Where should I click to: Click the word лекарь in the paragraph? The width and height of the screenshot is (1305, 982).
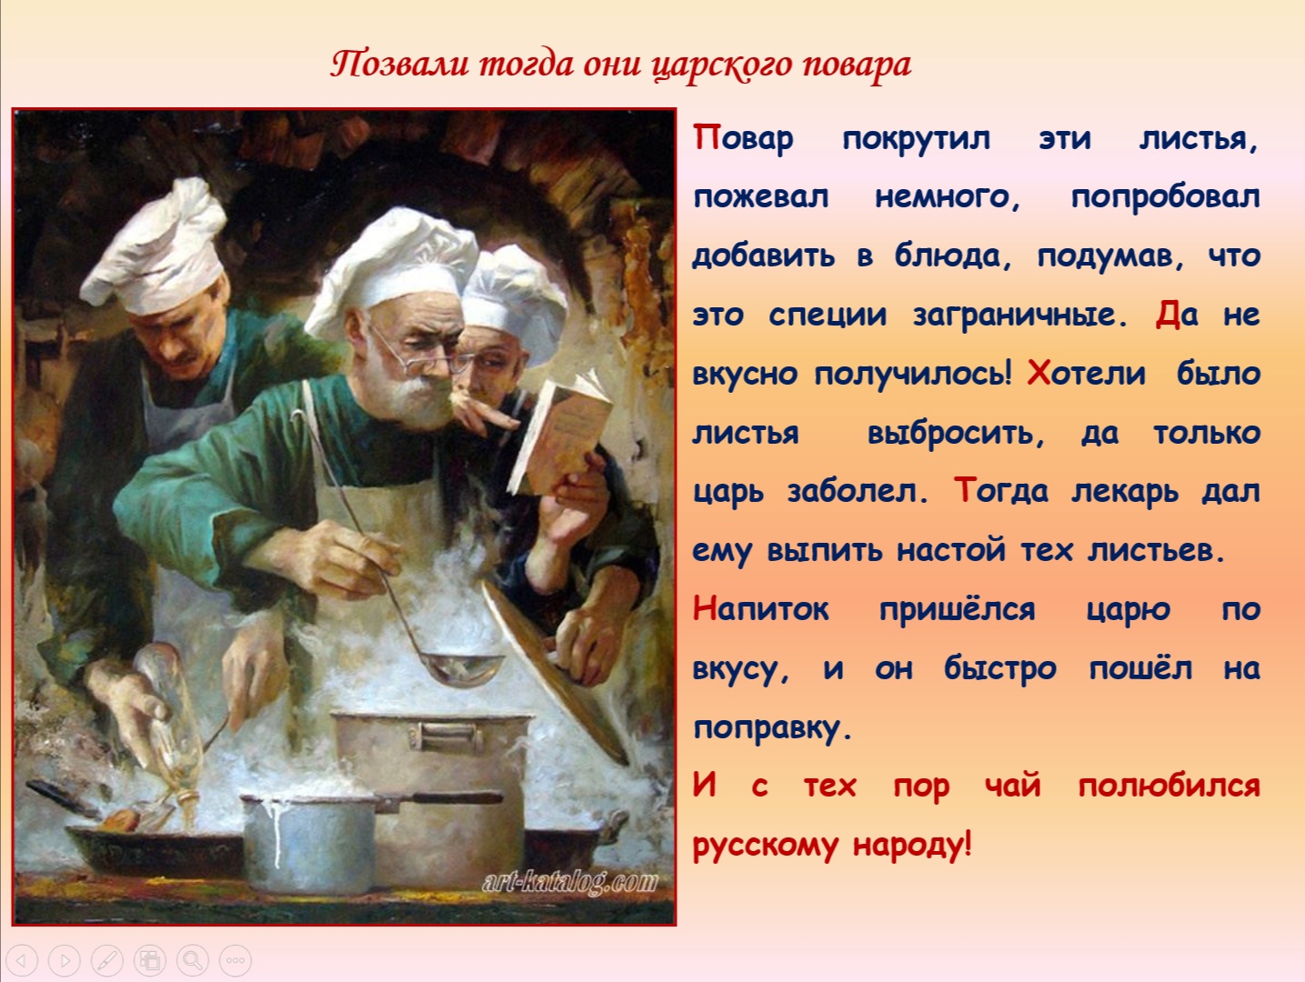1124,492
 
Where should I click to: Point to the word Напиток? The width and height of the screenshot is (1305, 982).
760,609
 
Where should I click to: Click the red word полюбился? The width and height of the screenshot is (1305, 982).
1169,787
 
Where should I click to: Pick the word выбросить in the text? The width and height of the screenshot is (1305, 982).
956,433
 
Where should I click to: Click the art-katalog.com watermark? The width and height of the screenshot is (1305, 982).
569,882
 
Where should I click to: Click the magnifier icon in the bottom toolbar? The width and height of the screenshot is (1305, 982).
192,960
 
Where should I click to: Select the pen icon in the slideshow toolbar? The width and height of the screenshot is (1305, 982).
107,960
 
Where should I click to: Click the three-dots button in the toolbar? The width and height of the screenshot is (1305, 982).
236,960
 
